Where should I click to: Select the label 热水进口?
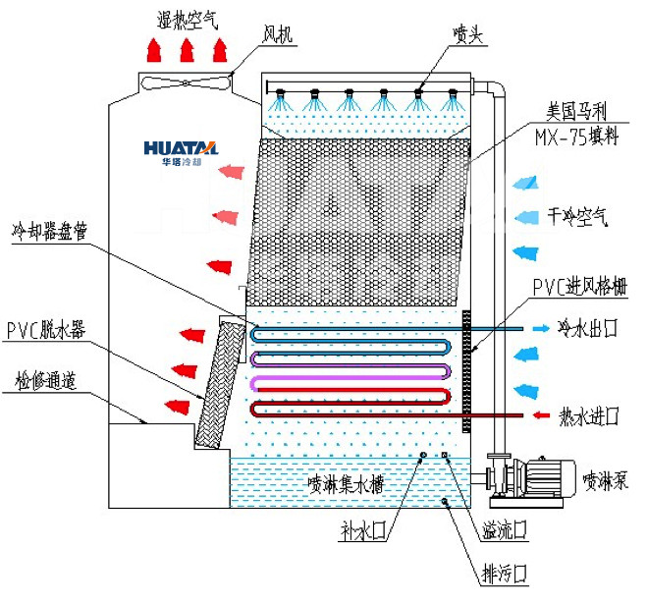coord(587,416)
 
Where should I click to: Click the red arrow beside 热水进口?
coord(540,416)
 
